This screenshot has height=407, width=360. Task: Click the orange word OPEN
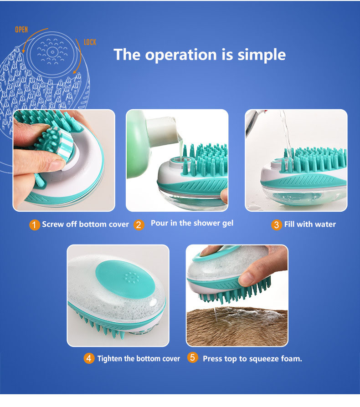tap(21, 29)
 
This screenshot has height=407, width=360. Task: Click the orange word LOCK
tap(90, 42)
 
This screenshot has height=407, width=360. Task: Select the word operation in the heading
tap(181, 55)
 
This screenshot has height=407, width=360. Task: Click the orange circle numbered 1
tap(35, 225)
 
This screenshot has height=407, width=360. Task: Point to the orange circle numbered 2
tap(139, 225)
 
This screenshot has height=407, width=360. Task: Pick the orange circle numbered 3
tap(277, 225)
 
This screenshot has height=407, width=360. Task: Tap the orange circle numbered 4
tap(89, 358)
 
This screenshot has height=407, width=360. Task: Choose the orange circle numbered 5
tap(192, 357)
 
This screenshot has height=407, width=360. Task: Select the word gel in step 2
tap(227, 224)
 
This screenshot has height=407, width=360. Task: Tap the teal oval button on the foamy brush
tap(125, 279)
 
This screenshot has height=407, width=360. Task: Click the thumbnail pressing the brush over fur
tap(237, 295)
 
